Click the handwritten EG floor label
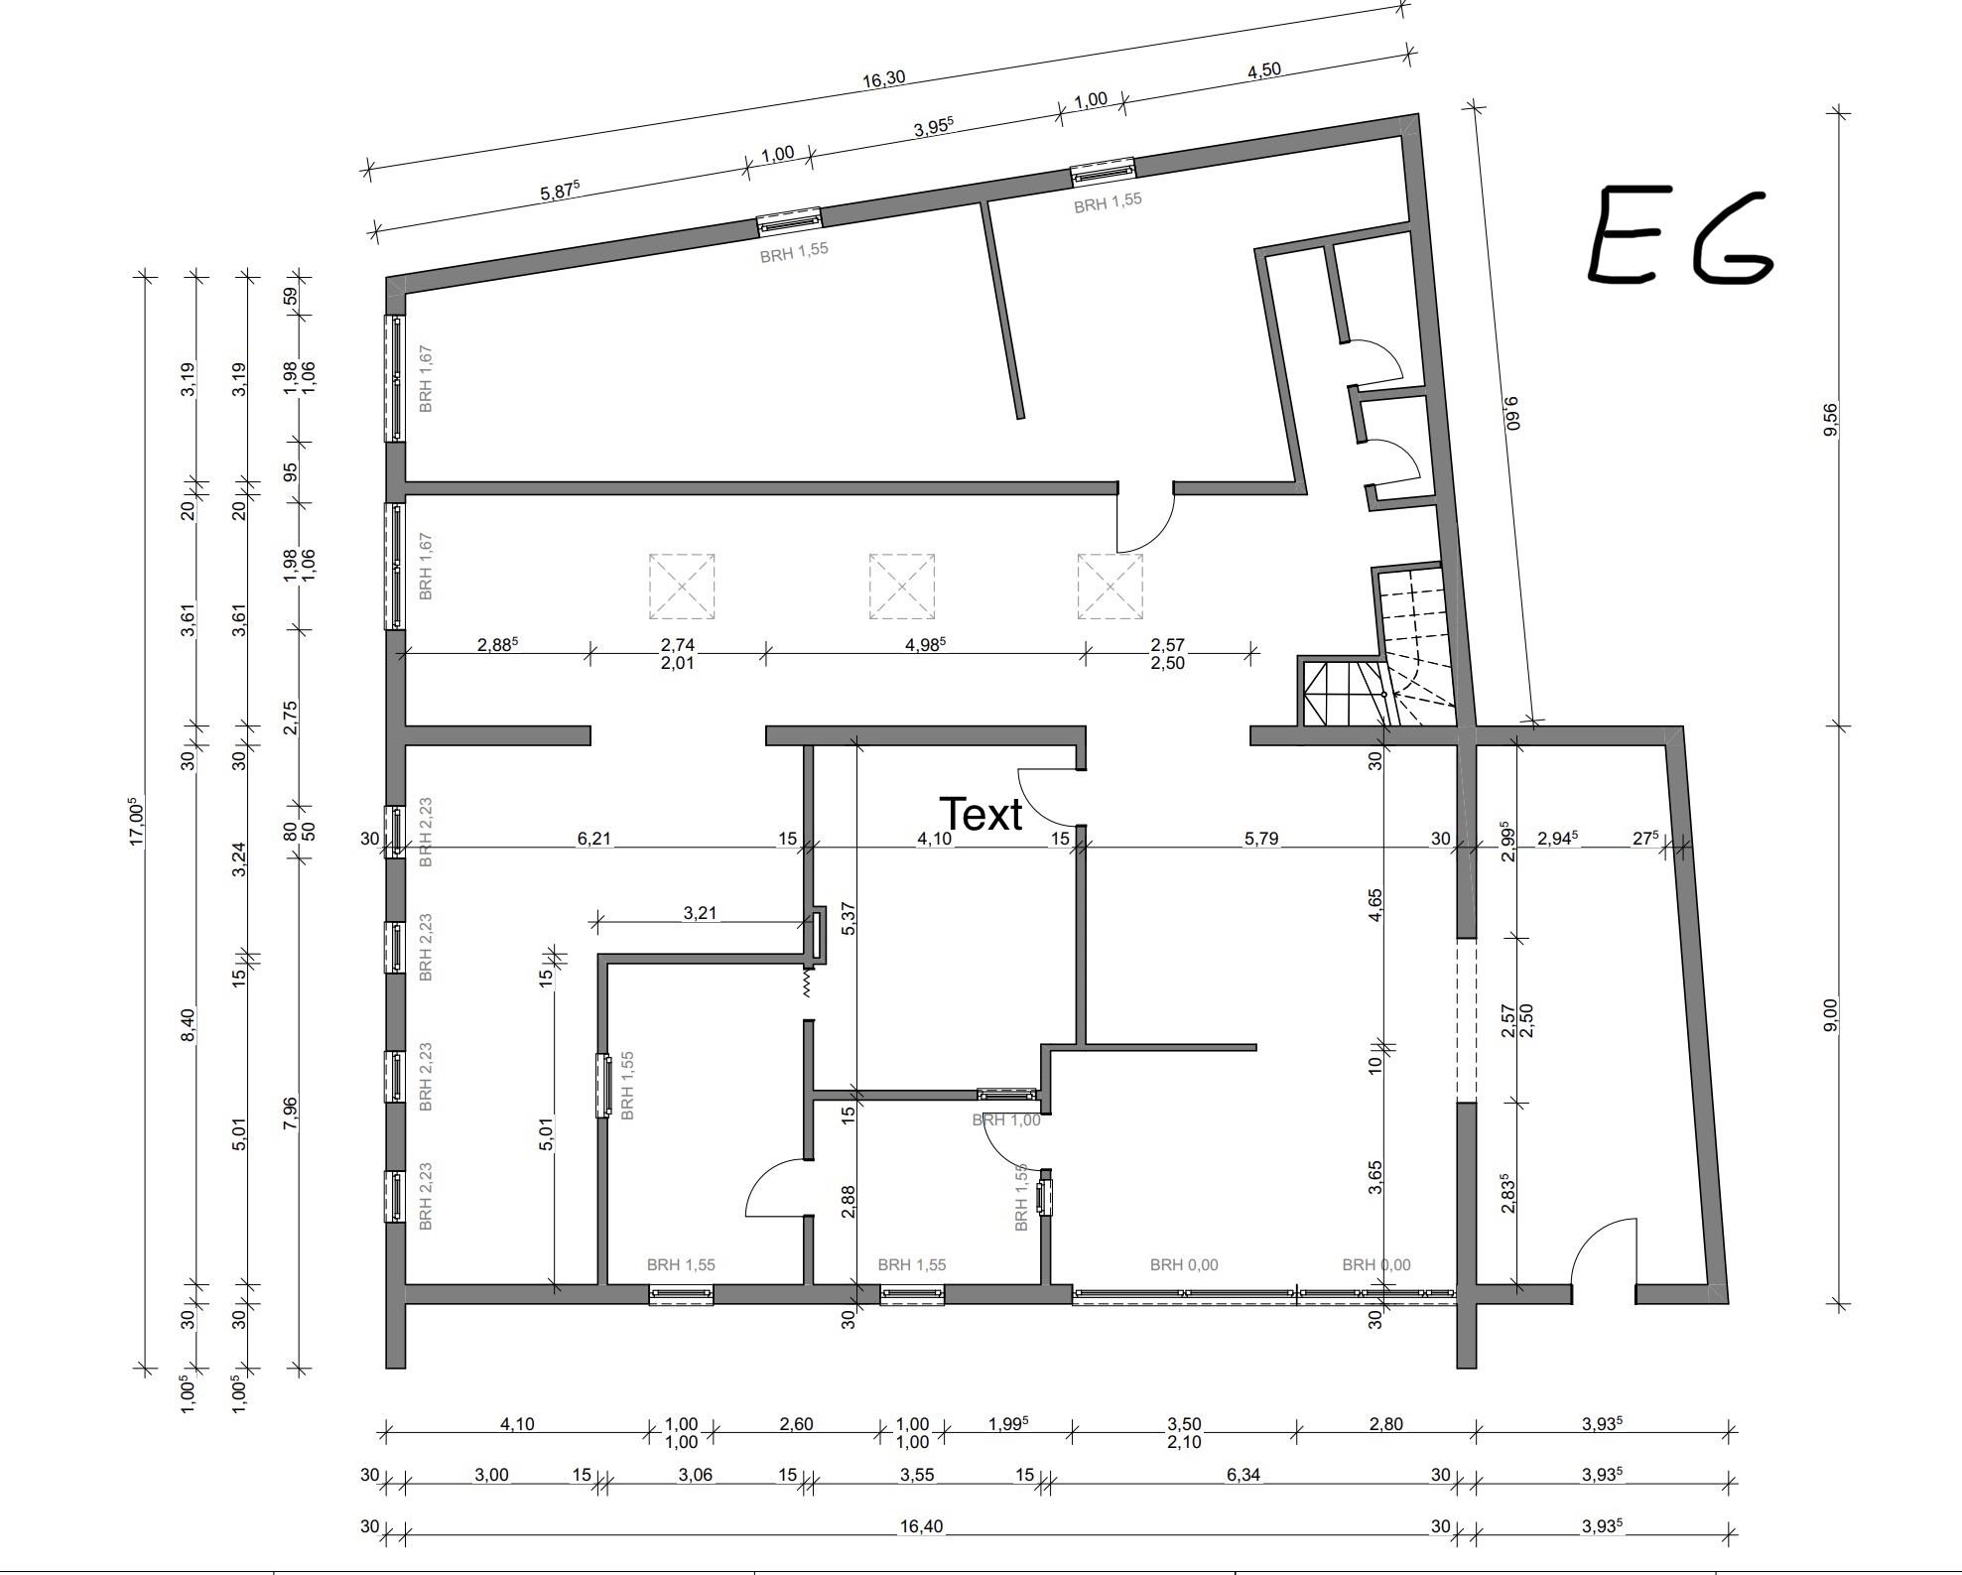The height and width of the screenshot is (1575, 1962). pyautogui.click(x=1680, y=236)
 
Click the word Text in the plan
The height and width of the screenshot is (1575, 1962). pyautogui.click(x=981, y=814)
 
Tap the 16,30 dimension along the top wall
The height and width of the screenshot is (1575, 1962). pyautogui.click(x=882, y=78)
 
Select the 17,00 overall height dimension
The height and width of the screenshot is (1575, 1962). pyautogui.click(x=137, y=821)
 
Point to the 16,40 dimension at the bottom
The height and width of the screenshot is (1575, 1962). pyautogui.click(x=920, y=1525)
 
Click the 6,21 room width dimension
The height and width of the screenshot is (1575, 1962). pyautogui.click(x=593, y=839)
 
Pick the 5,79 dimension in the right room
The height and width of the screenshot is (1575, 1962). pyautogui.click(x=1260, y=839)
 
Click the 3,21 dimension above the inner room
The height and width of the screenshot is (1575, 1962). pyautogui.click(x=700, y=912)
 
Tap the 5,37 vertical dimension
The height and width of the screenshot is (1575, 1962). pyautogui.click(x=848, y=918)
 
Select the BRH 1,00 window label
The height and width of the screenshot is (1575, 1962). pyautogui.click(x=1006, y=1119)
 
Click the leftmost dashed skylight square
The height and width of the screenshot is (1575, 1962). pyautogui.click(x=682, y=587)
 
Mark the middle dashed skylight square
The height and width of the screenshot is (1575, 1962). pyautogui.click(x=901, y=587)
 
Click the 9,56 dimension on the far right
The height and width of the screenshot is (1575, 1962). pyautogui.click(x=1831, y=418)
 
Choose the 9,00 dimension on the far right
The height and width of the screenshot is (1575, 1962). pyautogui.click(x=1831, y=1014)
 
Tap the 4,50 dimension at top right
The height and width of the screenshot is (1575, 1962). pyautogui.click(x=1263, y=70)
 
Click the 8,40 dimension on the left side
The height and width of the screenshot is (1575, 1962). pyautogui.click(x=189, y=1023)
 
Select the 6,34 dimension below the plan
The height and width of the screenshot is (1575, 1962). pyautogui.click(x=1243, y=1474)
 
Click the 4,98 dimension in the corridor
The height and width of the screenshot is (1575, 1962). pyautogui.click(x=925, y=644)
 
